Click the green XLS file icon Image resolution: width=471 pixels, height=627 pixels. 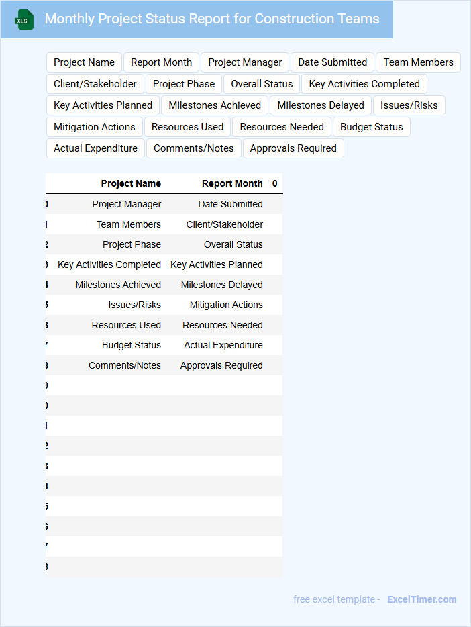(x=24, y=20)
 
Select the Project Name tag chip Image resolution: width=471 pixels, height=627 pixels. (x=84, y=62)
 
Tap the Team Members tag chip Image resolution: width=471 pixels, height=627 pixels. (x=418, y=62)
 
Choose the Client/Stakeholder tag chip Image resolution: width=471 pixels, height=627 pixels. (x=95, y=84)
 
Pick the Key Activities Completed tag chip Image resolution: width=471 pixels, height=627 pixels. (x=364, y=84)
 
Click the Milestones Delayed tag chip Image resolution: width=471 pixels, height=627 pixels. (x=320, y=105)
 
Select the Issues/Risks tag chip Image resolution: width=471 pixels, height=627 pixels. (x=409, y=105)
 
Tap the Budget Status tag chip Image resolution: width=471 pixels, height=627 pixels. (x=371, y=127)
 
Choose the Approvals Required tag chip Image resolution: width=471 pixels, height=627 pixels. (x=293, y=148)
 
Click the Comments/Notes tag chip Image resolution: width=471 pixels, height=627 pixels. (x=193, y=148)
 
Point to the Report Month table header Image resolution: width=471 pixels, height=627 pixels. (x=232, y=183)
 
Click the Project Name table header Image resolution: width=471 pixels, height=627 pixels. (x=131, y=183)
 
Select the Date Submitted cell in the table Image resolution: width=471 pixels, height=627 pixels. (x=230, y=204)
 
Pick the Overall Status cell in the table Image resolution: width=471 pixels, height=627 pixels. (x=233, y=244)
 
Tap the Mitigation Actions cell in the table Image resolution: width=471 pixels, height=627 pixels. (x=226, y=305)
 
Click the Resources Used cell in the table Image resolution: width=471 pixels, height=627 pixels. (x=126, y=325)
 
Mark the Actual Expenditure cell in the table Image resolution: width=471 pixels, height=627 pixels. (x=223, y=345)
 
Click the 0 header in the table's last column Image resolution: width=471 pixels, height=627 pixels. (x=274, y=183)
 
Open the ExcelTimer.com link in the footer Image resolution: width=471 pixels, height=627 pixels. (x=421, y=599)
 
